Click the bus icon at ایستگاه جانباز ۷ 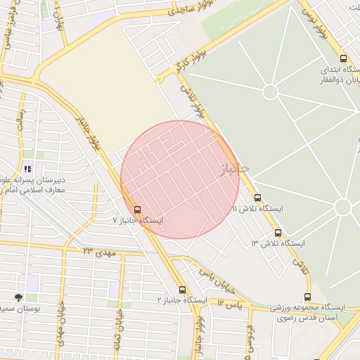pyautogui.click(x=137, y=209)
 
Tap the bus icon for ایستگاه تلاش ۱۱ pyautogui.click(x=258, y=198)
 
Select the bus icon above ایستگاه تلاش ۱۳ pyautogui.click(x=278, y=233)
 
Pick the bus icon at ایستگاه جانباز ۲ pyautogui.click(x=183, y=289)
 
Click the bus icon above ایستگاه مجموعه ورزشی pyautogui.click(x=307, y=297)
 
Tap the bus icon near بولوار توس pyautogui.click(x=343, y=58)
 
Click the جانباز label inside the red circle pyautogui.click(x=234, y=169)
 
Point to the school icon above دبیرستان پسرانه pyautogui.click(x=27, y=169)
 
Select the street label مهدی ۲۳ pyautogui.click(x=98, y=250)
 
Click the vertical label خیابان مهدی pyautogui.click(x=61, y=328)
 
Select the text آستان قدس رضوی pyautogui.click(x=312, y=319)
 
